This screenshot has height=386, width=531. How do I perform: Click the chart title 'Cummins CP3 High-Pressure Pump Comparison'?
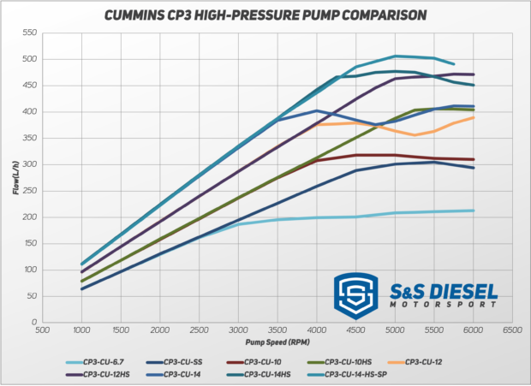click(x=265, y=15)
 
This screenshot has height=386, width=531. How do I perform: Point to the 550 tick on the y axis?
click(x=30, y=33)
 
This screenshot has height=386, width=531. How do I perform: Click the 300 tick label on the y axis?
click(x=30, y=164)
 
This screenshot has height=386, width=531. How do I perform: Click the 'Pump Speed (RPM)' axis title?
click(x=277, y=341)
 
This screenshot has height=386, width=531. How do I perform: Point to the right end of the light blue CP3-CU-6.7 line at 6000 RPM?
click(x=474, y=211)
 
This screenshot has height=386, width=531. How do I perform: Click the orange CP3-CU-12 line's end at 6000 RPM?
click(x=474, y=117)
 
